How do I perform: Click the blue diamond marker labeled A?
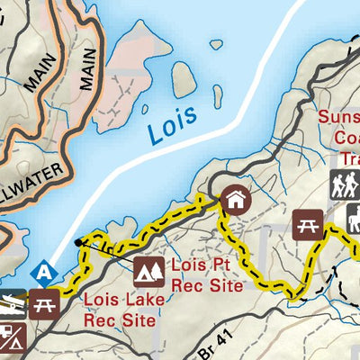pyautogui.click(x=41, y=271)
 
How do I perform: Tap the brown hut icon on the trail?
pyautogui.click(x=236, y=199)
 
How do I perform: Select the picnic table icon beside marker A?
pyautogui.click(x=44, y=305)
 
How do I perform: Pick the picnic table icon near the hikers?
pyautogui.click(x=308, y=224)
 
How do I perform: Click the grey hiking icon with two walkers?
pyautogui.click(x=345, y=184)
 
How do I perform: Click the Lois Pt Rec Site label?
pyautogui.click(x=207, y=276)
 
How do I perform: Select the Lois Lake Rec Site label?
pyautogui.click(x=121, y=310)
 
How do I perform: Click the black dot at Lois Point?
pyautogui.click(x=78, y=242)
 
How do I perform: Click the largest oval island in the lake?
pyautogui.click(x=184, y=80)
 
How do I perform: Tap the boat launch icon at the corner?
pyautogui.click(x=8, y=305)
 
